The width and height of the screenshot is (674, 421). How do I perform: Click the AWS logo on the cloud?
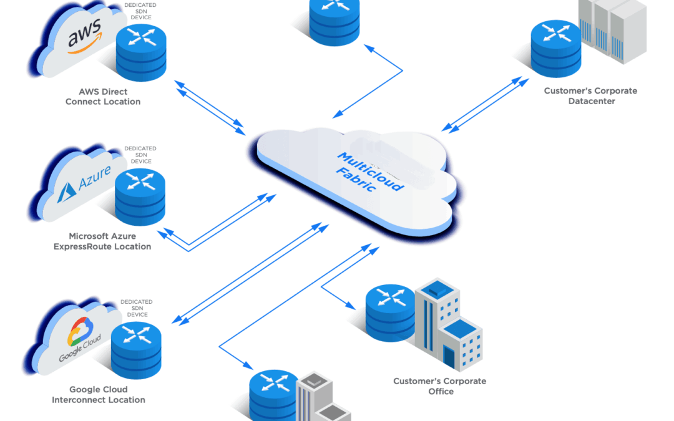85,36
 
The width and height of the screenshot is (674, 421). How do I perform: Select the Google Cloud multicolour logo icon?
80,331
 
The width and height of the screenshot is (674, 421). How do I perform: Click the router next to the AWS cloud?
141,52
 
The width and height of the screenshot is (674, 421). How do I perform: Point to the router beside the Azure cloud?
140,196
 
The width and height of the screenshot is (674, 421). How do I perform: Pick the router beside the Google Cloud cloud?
136,350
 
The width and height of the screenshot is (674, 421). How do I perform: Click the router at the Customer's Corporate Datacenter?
556,49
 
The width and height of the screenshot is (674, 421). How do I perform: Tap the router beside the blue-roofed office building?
391,312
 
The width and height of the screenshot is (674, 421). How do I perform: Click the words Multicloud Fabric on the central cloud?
370,172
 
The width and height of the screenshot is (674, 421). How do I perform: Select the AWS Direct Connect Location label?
103,97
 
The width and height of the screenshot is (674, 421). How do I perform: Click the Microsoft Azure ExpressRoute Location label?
102,241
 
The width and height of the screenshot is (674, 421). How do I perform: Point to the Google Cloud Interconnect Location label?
99,394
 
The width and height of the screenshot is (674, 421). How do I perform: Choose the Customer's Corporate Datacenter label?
591,96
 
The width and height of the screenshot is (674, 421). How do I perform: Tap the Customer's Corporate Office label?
440,386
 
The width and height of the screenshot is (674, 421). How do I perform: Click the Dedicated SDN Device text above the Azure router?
140,155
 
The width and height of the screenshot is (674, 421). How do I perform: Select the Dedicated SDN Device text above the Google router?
137,308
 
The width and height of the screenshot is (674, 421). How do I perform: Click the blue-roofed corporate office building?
448,324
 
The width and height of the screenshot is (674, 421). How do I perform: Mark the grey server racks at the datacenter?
613,30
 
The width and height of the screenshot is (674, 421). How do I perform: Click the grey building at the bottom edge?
323,397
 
